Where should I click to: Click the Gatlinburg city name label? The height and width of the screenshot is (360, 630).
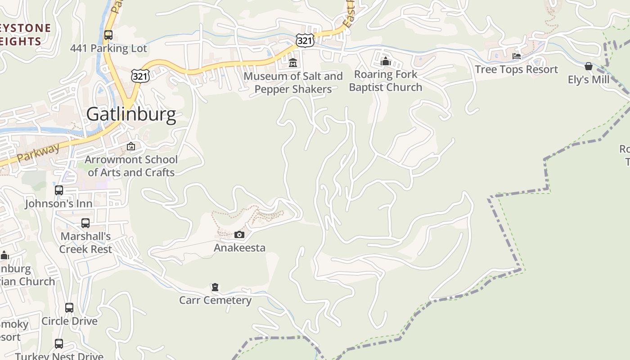(131, 114)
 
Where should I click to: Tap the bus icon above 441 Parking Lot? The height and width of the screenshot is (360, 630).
(108, 35)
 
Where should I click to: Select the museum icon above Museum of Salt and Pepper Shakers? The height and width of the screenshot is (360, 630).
(293, 63)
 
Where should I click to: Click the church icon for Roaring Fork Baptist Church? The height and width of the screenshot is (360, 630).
(385, 61)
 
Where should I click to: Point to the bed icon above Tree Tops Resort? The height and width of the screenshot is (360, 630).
(517, 56)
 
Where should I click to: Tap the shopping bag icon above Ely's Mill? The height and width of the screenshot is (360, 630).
(588, 67)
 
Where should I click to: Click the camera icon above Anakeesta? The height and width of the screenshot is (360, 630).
(239, 234)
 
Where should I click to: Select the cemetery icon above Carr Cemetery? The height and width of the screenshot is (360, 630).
(215, 287)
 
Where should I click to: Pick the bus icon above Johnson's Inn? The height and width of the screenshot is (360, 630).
(59, 190)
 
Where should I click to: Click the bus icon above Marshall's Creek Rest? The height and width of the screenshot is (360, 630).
(85, 223)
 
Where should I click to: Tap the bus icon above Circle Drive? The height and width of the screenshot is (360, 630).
(69, 308)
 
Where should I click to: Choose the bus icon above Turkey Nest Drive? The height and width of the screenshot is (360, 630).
(59, 344)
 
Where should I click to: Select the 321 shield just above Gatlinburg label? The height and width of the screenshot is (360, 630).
(140, 76)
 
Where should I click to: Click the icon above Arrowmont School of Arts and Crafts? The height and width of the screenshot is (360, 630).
(131, 146)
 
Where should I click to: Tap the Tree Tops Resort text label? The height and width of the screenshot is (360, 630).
(516, 69)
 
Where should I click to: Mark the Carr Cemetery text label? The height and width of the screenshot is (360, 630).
(215, 300)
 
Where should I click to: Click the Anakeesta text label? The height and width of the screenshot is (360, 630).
(239, 247)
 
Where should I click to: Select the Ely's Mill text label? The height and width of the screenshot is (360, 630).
(588, 80)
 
